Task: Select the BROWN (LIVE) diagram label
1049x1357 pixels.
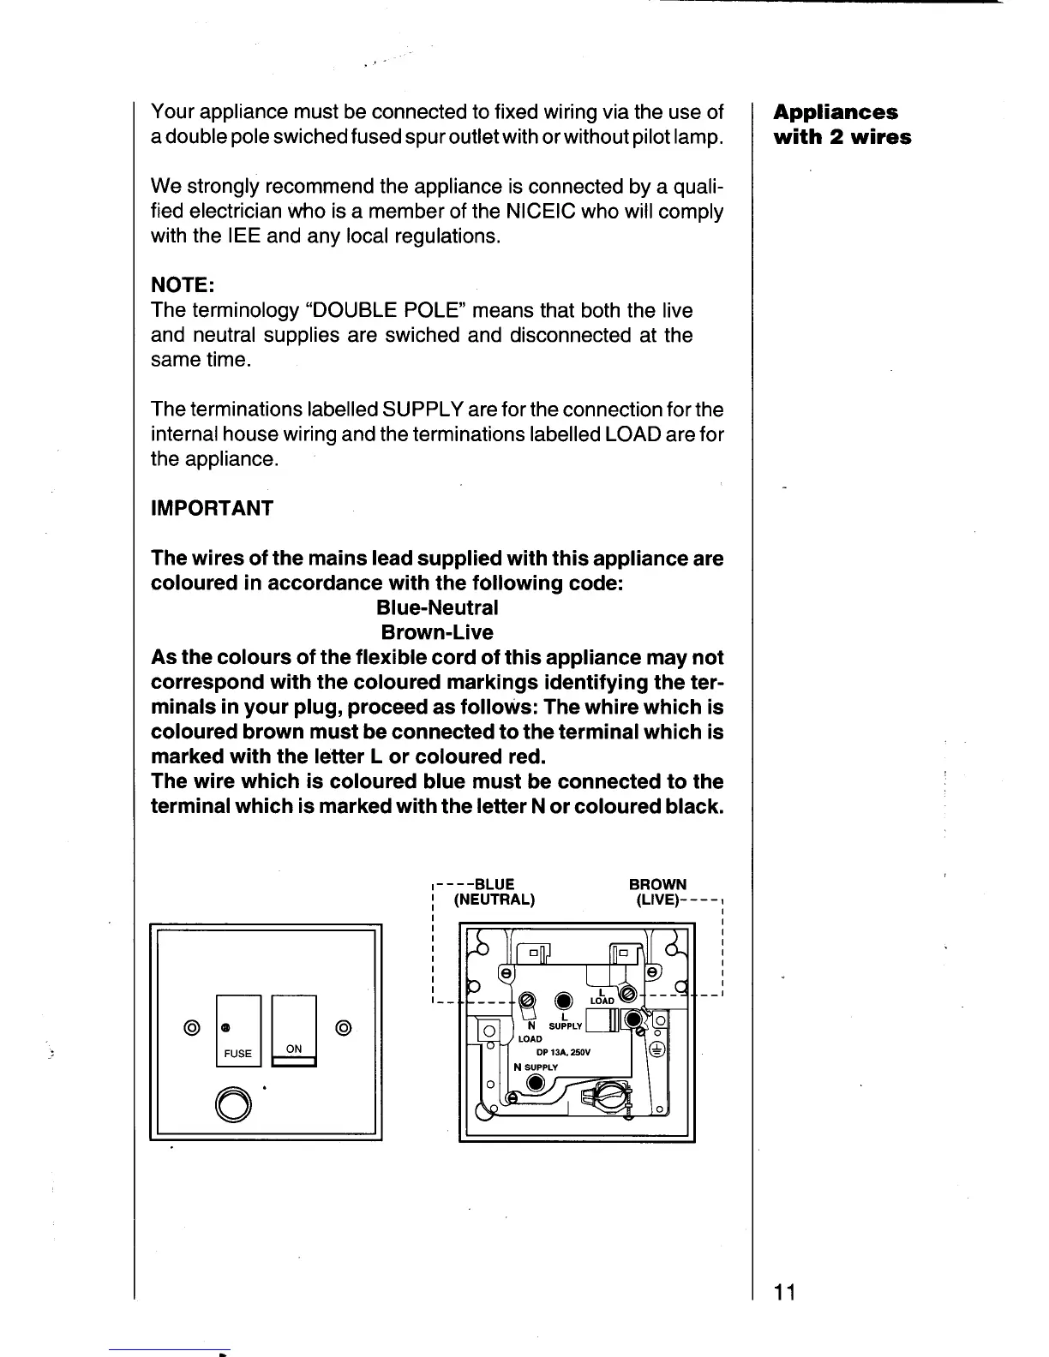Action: [658, 892]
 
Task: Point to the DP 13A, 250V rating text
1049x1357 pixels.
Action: [558, 1052]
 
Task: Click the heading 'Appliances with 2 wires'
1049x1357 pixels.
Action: [842, 125]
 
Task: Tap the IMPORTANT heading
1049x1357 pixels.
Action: [212, 508]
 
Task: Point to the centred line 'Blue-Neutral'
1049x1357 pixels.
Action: [437, 608]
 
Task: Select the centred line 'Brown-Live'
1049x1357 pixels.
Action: [437, 633]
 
